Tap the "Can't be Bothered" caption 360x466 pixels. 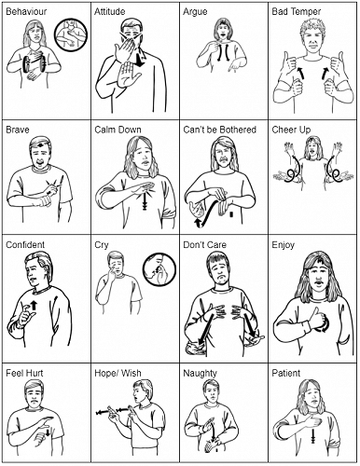tap(219, 130)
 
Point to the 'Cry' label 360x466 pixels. tap(102, 245)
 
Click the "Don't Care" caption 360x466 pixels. tap(205, 245)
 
